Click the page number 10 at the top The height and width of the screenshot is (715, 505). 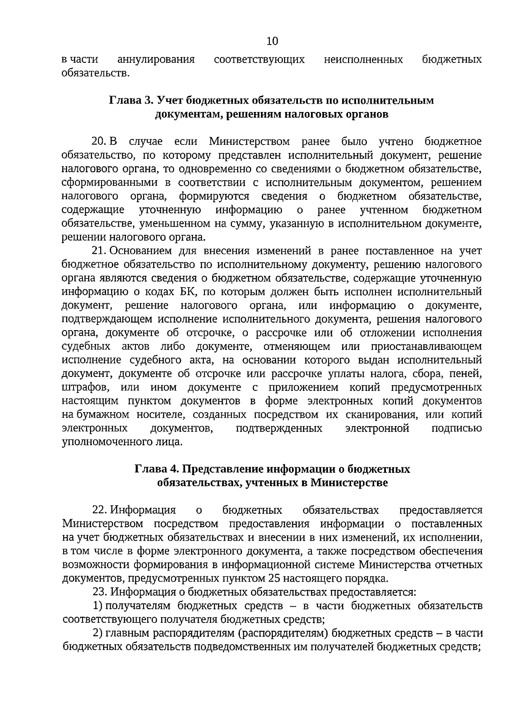[x=272, y=41]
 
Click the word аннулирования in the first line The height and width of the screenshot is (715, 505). [x=156, y=59]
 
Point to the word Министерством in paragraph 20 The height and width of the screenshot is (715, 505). [x=250, y=141]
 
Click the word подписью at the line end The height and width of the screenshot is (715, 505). [x=457, y=428]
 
